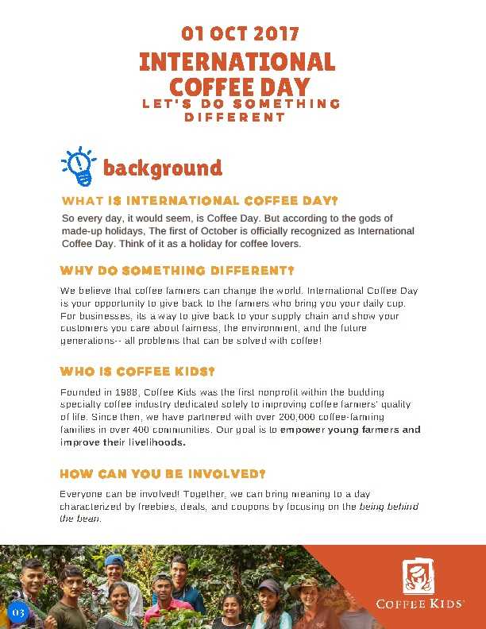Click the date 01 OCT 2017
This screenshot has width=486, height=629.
pos(240,34)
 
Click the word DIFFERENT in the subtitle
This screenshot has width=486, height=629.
pos(234,118)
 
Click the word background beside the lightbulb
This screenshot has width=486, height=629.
pos(162,168)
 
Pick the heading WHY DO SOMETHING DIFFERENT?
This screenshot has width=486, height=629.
pos(177,270)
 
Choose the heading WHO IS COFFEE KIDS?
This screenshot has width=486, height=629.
pos(137,372)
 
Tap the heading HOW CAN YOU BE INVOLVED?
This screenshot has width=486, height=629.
pos(162,474)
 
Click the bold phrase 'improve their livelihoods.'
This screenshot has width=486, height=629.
pos(123,442)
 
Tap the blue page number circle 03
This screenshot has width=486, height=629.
pos(18,612)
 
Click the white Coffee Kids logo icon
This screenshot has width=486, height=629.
pos(418,576)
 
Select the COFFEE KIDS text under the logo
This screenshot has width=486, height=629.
pos(419,604)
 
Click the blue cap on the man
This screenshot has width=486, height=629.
pos(114,560)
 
